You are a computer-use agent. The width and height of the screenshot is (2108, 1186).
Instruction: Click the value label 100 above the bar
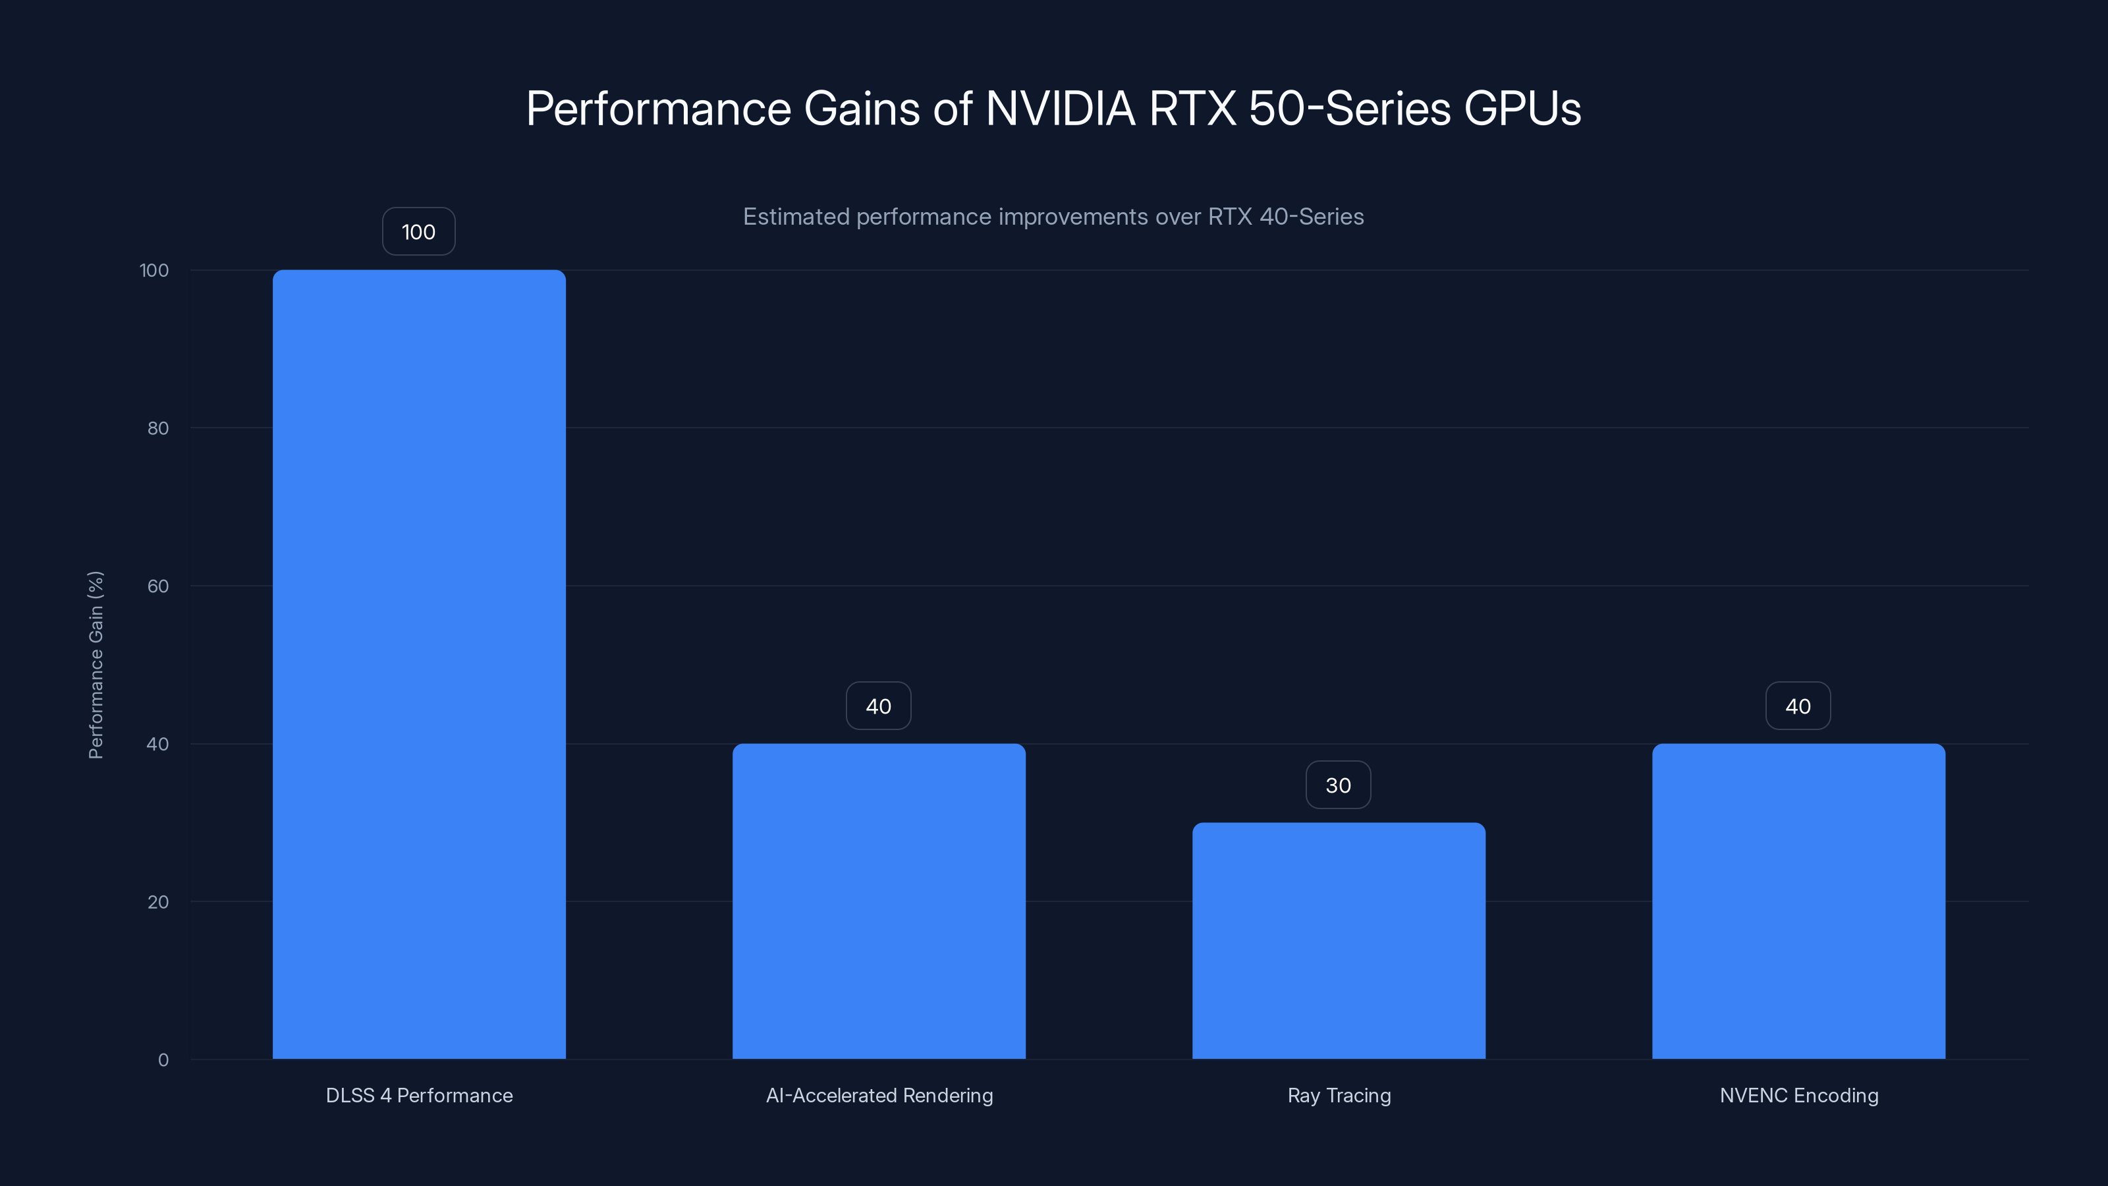[x=418, y=232]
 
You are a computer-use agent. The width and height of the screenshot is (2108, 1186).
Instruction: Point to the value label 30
[x=1338, y=785]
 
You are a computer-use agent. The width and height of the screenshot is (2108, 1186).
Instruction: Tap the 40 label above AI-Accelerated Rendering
[x=878, y=706]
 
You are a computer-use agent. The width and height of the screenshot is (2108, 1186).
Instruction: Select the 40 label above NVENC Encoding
[x=1798, y=706]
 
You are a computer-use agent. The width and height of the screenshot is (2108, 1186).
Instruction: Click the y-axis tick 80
[x=158, y=428]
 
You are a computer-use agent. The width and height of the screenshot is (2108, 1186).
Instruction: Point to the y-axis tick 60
[x=158, y=586]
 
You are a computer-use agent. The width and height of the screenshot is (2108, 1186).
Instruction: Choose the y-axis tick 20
[x=158, y=902]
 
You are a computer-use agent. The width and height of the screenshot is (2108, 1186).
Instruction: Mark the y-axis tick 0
[x=163, y=1060]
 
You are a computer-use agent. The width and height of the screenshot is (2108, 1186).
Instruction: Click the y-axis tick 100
[x=154, y=270]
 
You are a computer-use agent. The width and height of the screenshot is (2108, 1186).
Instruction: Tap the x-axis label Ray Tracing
[x=1339, y=1095]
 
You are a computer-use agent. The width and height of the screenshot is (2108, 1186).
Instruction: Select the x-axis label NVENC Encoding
[x=1798, y=1095]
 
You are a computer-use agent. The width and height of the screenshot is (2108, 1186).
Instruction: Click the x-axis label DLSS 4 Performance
[x=419, y=1095]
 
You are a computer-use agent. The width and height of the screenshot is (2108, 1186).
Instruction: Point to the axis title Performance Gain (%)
[x=96, y=665]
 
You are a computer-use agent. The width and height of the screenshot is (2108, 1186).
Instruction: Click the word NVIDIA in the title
[x=1061, y=109]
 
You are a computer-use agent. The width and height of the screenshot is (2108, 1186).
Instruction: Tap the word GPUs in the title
[x=1522, y=109]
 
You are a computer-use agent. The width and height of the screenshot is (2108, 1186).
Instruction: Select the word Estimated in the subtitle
[x=795, y=217]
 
